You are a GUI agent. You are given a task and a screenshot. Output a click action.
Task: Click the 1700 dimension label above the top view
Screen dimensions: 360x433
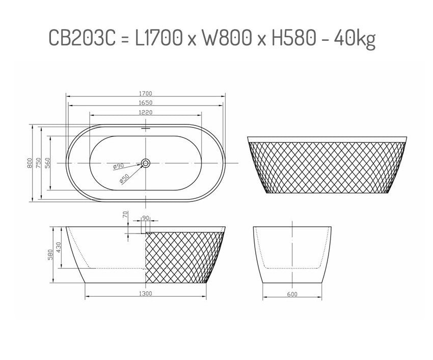point(146,94)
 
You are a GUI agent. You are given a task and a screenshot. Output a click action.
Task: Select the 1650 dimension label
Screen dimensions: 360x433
point(146,103)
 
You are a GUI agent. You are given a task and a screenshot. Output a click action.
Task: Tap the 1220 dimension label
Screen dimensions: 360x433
point(146,112)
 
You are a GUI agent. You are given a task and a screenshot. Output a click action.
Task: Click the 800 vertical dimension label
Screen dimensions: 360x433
point(30,163)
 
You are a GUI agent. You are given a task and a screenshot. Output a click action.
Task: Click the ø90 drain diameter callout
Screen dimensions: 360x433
point(119,166)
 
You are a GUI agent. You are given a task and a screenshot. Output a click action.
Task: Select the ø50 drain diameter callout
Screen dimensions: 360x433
point(123,178)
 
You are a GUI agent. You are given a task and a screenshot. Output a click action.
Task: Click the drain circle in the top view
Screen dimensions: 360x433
point(146,163)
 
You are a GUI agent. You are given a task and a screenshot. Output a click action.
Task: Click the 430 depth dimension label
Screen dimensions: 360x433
point(59,247)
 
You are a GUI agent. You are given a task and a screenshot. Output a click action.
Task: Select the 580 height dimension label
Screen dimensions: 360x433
point(50,253)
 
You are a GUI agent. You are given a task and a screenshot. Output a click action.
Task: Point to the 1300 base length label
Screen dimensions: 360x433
point(146,294)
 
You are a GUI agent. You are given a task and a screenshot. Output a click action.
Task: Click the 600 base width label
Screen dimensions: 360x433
point(292,294)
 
